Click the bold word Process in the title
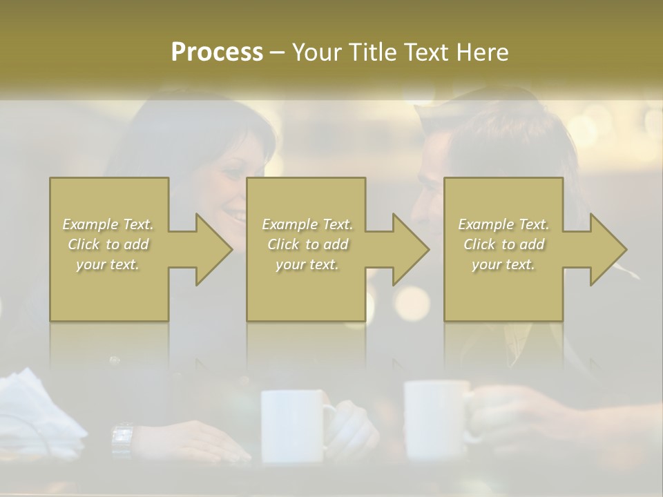217,52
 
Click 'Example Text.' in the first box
108,224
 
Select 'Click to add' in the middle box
307,244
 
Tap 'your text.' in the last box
503,264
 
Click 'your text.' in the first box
108,264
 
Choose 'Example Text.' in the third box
503,224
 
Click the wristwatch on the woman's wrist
122,439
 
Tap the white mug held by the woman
293,425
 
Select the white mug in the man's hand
436,418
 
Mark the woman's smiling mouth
237,218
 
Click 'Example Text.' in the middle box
307,224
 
